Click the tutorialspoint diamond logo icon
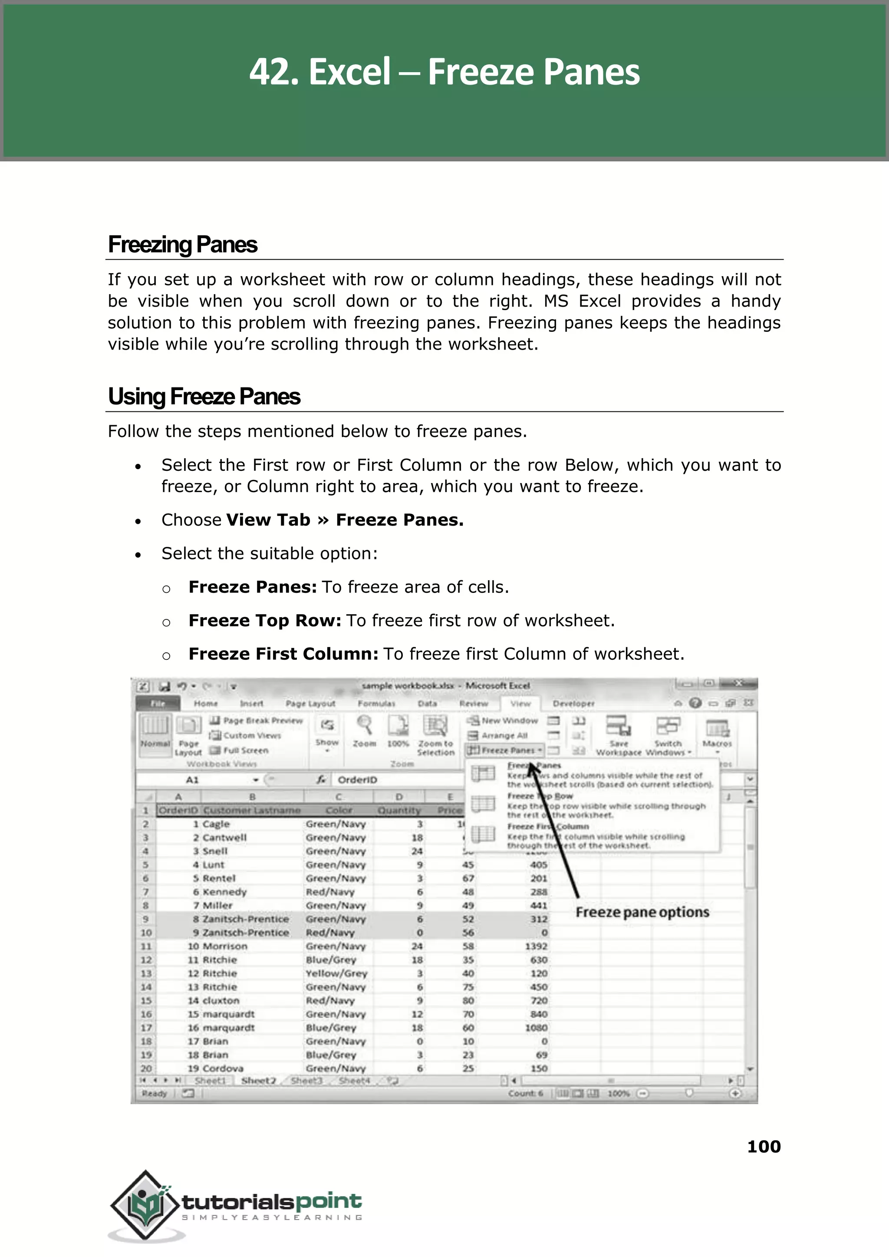coord(145,1204)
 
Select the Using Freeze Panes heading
coord(204,397)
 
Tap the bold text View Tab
coord(268,520)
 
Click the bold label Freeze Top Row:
coord(264,621)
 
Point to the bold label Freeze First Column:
coord(283,654)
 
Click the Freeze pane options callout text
coord(642,913)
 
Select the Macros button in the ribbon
coord(717,734)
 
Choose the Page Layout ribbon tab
coord(310,703)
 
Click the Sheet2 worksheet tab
coord(258,1081)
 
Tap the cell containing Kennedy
coord(224,892)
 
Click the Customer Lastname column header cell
coord(252,810)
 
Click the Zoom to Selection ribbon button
coord(435,736)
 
